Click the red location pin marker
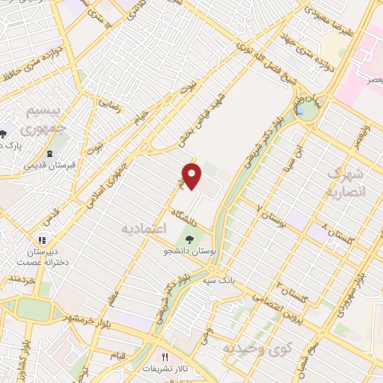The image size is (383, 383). (193, 177)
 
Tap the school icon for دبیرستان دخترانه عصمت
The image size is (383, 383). (41, 240)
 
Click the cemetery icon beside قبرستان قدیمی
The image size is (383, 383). (49, 153)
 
